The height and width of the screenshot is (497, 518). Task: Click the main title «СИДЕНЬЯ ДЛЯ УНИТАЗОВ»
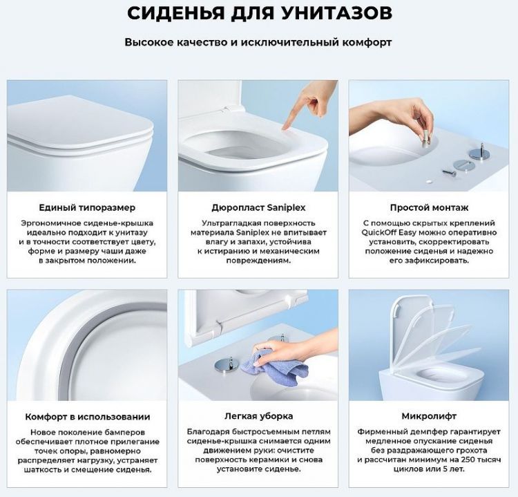pyautogui.click(x=258, y=13)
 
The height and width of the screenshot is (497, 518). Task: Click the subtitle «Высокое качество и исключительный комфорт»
pyautogui.click(x=258, y=42)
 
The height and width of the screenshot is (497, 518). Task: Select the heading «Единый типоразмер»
pyautogui.click(x=87, y=207)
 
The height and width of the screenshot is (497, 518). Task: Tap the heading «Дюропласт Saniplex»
pyautogui.click(x=258, y=207)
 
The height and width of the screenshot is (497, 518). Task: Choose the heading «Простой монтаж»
pyautogui.click(x=430, y=207)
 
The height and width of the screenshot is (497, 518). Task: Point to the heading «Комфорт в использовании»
pyautogui.click(x=87, y=417)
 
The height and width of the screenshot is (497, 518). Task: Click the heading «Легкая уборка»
pyautogui.click(x=258, y=417)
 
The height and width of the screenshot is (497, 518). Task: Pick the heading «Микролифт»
pyautogui.click(x=430, y=417)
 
